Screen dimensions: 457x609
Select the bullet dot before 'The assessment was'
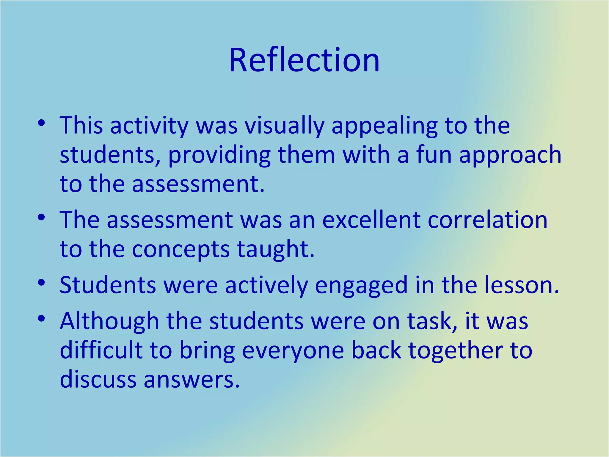tap(41, 217)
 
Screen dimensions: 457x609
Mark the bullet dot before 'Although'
tap(41, 319)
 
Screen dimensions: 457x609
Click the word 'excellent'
tap(371, 220)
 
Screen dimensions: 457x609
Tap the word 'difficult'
tap(101, 350)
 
